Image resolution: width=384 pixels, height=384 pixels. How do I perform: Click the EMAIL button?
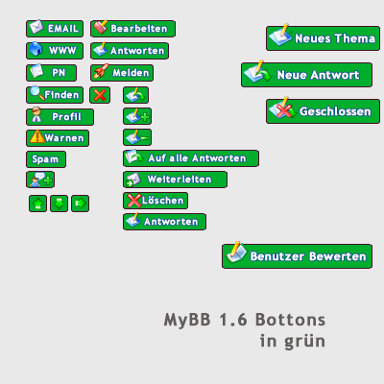[55, 29]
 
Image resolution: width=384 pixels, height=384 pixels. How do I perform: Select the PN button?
[52, 73]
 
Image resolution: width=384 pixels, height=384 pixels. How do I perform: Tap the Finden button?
[55, 95]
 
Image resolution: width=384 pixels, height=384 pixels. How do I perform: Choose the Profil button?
[60, 117]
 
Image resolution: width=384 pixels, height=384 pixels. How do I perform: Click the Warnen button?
[58, 138]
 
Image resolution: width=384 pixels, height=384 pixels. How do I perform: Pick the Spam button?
[46, 159]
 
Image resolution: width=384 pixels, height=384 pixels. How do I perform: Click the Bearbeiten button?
[132, 29]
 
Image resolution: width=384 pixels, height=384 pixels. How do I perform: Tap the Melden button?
[122, 73]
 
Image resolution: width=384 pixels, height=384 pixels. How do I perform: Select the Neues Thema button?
[323, 38]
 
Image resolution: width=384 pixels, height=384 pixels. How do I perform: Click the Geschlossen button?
[323, 111]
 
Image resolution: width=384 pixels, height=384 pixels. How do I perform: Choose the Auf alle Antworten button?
[191, 158]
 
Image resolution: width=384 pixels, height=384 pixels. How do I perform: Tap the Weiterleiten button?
[175, 180]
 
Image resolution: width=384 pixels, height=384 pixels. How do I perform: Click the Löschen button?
[156, 201]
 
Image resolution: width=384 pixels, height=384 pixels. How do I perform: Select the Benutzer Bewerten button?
[297, 256]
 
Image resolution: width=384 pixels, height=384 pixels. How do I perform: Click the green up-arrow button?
[37, 204]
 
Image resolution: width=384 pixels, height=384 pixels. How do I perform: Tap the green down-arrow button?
[60, 204]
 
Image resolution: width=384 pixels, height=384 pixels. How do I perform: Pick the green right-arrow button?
[81, 204]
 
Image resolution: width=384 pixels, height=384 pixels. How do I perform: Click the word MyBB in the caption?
[187, 321]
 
